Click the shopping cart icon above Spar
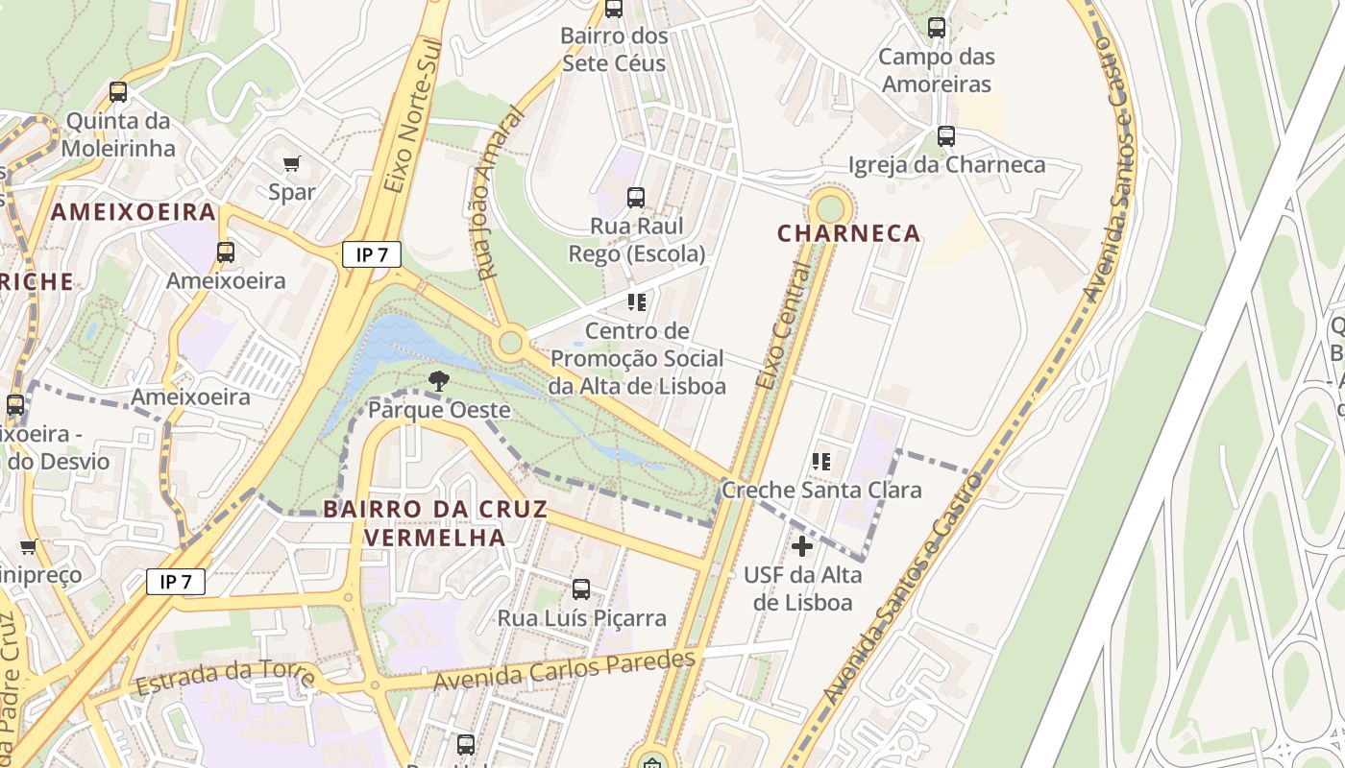click(292, 163)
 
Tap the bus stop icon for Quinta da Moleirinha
click(118, 92)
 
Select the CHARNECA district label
click(848, 233)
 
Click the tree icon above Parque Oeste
click(439, 380)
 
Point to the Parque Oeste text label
click(439, 410)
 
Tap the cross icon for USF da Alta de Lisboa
click(802, 546)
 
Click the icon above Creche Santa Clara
click(821, 462)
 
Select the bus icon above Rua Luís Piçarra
click(581, 589)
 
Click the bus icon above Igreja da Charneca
click(946, 136)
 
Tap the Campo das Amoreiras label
click(936, 70)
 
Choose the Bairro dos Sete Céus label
click(614, 50)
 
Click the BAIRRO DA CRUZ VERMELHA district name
click(435, 523)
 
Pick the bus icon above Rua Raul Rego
click(636, 198)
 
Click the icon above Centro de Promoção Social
click(636, 302)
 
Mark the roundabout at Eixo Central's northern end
click(830, 207)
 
